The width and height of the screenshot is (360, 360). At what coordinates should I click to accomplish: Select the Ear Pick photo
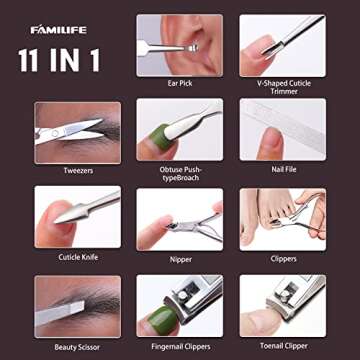click(x=179, y=45)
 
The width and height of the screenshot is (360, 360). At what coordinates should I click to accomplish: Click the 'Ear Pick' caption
click(x=179, y=84)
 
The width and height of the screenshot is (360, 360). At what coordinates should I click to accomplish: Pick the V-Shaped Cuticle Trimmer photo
click(x=281, y=45)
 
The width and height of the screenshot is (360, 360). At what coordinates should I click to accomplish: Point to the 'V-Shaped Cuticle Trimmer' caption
click(x=281, y=88)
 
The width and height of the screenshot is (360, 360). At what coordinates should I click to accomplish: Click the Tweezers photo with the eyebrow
click(x=77, y=132)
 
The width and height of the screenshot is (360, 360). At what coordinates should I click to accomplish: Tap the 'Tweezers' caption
click(x=77, y=170)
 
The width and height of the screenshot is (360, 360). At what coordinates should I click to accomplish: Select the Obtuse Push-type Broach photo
click(x=179, y=130)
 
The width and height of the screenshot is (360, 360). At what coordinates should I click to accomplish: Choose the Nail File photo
click(x=281, y=130)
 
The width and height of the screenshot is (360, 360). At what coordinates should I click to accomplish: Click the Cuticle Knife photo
click(x=77, y=217)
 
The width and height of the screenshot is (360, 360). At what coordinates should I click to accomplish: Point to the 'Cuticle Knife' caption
click(x=77, y=257)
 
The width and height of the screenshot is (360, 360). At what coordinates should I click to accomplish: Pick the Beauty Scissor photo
click(x=77, y=305)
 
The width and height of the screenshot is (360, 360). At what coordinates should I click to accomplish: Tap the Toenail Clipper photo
click(x=281, y=305)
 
